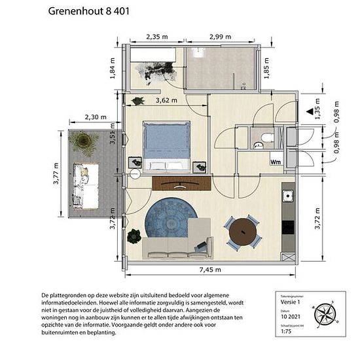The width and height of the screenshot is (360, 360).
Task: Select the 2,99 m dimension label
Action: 221,37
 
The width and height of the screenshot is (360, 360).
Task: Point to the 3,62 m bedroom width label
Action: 169,101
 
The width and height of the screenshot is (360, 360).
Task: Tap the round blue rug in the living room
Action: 167,220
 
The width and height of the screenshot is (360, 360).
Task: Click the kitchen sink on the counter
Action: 287,196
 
